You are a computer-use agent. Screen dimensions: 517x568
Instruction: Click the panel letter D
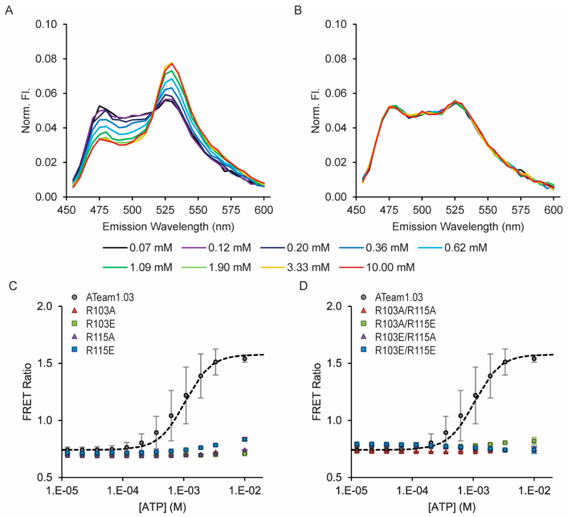(303, 286)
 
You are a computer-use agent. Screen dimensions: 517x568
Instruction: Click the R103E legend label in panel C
(100, 324)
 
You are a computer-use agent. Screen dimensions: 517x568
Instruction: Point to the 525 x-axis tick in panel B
(455, 210)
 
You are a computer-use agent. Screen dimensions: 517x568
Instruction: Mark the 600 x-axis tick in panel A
(264, 210)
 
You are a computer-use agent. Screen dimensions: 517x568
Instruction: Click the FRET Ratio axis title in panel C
(27, 392)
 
